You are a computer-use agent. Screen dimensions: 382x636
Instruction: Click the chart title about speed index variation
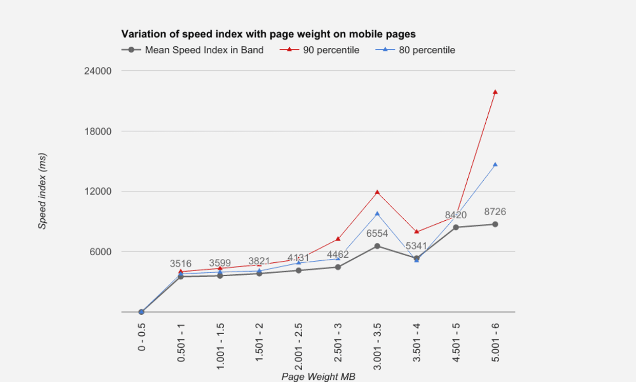pos(268,34)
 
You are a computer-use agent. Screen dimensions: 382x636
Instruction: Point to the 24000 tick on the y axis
pos(98,71)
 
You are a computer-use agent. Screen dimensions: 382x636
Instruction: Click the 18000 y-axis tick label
pos(98,131)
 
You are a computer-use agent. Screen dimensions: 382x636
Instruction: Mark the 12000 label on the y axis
pos(98,192)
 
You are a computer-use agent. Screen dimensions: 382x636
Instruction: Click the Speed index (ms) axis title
pos(43,191)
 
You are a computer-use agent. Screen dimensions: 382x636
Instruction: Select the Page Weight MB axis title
pos(318,376)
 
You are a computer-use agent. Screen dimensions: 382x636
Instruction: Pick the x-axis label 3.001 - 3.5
pos(377,342)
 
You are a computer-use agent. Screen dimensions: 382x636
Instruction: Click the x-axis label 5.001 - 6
pos(495,342)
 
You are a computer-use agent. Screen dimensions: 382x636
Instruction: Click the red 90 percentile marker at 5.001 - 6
pos(495,92)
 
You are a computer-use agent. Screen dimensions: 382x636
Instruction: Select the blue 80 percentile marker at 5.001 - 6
pos(495,164)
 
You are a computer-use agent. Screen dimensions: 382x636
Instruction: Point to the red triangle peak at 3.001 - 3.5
pos(377,192)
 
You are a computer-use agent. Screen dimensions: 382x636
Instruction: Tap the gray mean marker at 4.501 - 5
pos(456,227)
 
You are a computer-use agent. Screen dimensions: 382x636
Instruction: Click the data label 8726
pos(495,212)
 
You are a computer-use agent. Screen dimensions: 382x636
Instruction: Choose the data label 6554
pos(377,234)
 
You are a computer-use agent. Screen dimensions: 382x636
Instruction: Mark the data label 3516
pos(181,264)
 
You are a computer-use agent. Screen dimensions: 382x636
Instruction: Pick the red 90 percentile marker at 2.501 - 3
pos(338,239)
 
